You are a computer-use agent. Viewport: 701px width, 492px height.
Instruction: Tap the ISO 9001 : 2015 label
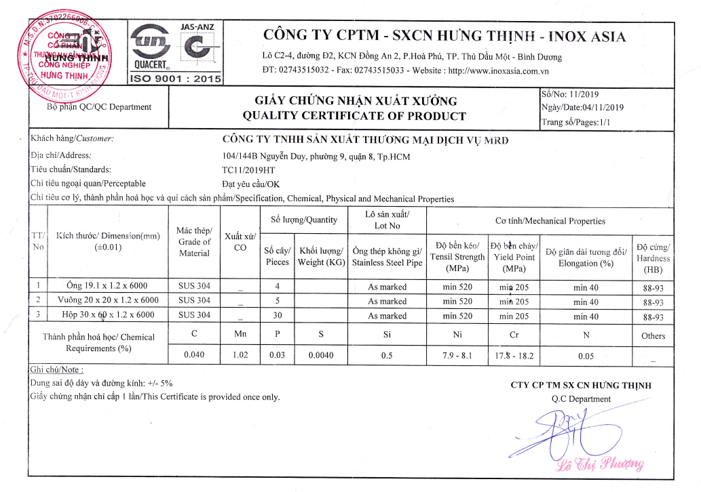(176, 79)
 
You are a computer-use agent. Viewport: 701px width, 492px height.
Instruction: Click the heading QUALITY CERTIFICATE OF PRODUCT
(354, 116)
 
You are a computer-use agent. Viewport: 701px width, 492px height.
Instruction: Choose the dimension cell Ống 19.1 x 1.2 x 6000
(101, 287)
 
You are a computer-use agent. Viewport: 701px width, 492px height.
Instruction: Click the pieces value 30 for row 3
(278, 316)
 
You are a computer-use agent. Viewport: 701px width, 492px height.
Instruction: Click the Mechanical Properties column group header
(550, 221)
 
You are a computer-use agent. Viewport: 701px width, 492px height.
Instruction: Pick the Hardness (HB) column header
(653, 258)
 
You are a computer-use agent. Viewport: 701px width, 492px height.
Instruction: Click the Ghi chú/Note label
(57, 370)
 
